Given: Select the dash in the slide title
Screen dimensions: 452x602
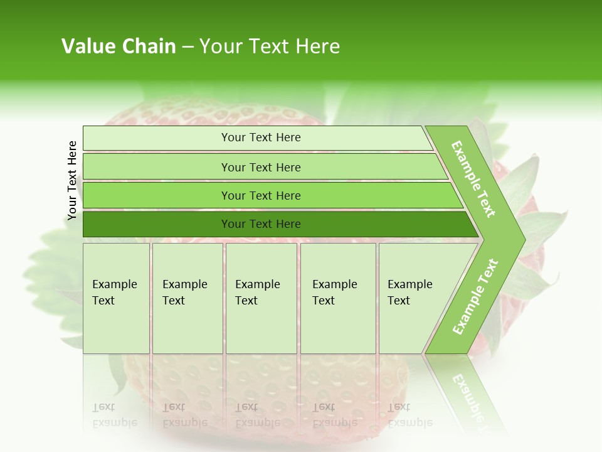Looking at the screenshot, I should point(187,47).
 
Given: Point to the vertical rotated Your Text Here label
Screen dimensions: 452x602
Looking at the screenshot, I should point(72,180).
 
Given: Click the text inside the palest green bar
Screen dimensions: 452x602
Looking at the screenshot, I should point(261,137).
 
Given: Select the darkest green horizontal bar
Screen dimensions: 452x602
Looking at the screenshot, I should point(276,224).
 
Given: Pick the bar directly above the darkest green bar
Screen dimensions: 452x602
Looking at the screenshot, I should point(270,196).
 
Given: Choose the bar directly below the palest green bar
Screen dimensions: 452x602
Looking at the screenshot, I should point(263,167).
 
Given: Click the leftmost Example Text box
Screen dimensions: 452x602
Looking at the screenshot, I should point(116,298).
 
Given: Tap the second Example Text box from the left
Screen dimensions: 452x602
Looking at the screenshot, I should point(187,298).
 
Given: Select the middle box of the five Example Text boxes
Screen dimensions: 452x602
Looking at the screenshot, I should point(261,298).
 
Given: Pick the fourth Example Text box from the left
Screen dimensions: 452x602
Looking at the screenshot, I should point(337,298).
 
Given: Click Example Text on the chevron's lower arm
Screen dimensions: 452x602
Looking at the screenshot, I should point(475,296).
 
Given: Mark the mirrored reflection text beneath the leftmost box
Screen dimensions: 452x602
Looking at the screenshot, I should point(115,415).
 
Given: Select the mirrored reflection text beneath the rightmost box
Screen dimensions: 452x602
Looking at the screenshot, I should point(409,415).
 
